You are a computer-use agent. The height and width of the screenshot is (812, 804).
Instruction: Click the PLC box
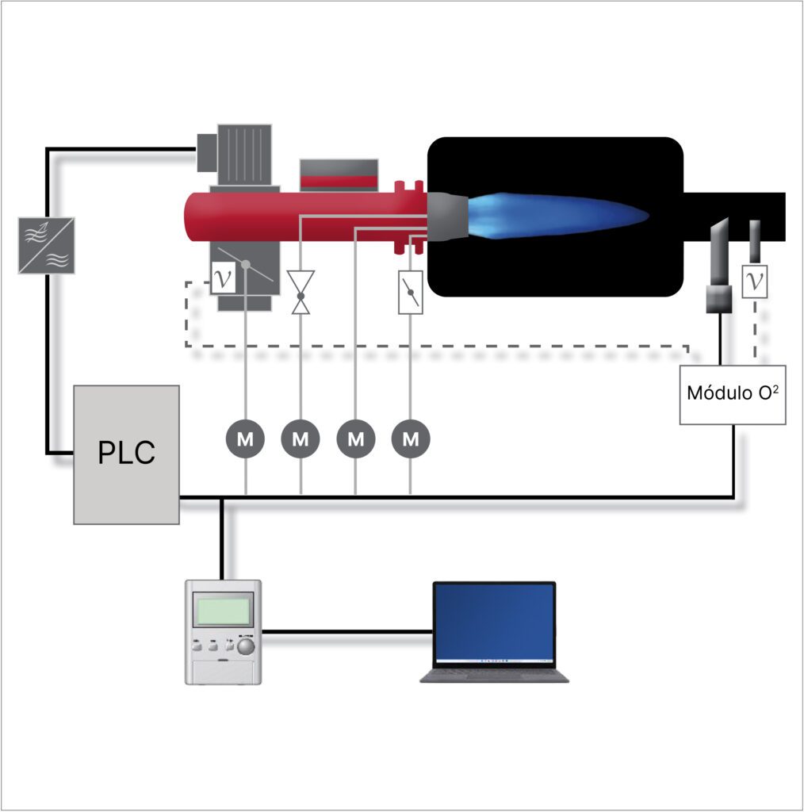(126, 454)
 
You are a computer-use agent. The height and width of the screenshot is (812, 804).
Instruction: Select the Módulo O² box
(733, 394)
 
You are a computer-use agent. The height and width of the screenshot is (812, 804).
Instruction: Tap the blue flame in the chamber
(555, 214)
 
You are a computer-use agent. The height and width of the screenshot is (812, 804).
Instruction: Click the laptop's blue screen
(494, 624)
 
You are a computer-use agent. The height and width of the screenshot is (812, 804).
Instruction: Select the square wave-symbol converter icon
(47, 245)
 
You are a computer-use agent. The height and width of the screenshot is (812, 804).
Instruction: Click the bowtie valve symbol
(301, 292)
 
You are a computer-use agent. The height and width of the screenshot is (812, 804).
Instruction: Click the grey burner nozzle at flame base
(446, 216)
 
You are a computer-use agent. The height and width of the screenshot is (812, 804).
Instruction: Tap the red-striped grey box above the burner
(339, 174)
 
